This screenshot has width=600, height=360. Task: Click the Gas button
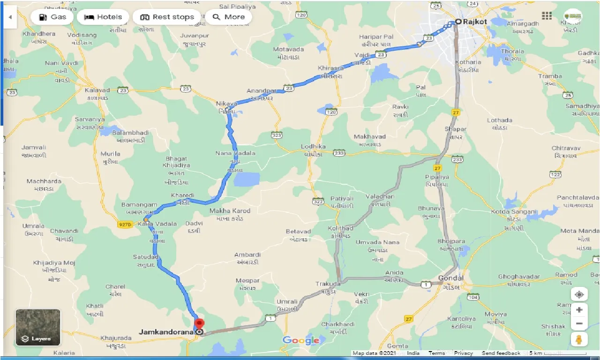pyautogui.click(x=52, y=17)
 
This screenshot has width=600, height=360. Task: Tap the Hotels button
pyautogui.click(x=103, y=17)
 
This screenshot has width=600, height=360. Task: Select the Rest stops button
pyautogui.click(x=167, y=17)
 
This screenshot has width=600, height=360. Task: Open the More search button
pyautogui.click(x=228, y=17)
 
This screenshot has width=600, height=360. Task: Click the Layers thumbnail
pyautogui.click(x=38, y=327)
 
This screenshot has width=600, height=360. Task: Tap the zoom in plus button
pyautogui.click(x=579, y=310)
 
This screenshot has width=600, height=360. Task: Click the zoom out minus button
pyautogui.click(x=579, y=323)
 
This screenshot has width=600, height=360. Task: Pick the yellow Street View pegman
pyautogui.click(x=579, y=339)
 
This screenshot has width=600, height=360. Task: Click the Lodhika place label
pyautogui.click(x=314, y=147)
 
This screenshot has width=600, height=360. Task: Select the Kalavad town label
pyautogui.click(x=97, y=90)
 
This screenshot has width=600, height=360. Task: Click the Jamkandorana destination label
pyautogui.click(x=166, y=332)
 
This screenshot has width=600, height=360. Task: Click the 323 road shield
pyautogui.click(x=277, y=135)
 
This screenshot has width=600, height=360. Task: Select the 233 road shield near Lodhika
pyautogui.click(x=339, y=153)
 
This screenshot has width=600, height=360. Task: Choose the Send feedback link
pyautogui.click(x=501, y=353)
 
